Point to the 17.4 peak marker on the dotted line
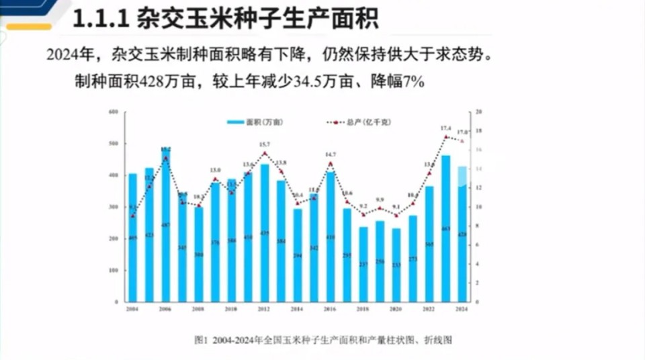click(445, 137)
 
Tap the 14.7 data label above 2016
click(330, 155)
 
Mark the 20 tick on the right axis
click(477, 111)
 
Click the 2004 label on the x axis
click(132, 310)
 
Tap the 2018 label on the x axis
click(363, 310)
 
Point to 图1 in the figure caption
click(200, 340)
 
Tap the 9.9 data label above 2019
click(380, 200)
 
